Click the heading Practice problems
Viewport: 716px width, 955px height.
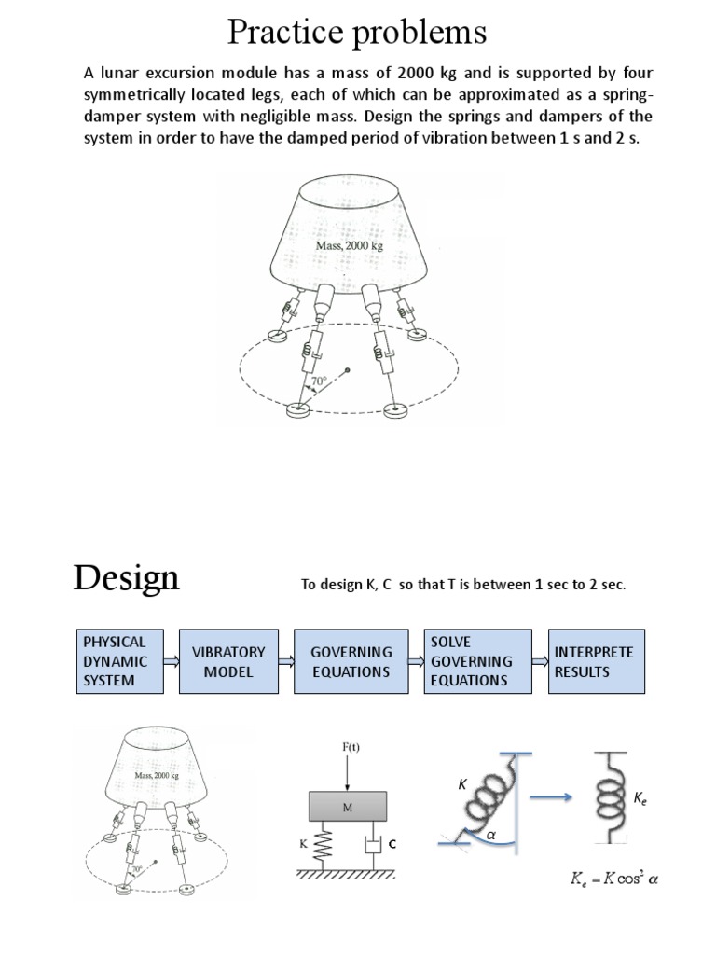(357, 33)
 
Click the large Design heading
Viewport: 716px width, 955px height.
(126, 579)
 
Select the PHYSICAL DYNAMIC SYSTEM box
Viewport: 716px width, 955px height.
(115, 660)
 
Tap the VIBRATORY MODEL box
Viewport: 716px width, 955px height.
(228, 661)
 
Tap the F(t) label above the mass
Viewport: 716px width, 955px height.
(347, 746)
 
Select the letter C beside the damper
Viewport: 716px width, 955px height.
(392, 844)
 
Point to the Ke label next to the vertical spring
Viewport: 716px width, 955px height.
(641, 798)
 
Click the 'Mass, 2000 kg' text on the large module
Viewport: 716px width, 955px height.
(350, 245)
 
